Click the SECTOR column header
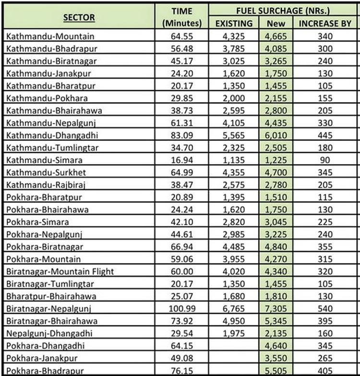coord(79,18)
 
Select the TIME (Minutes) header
coord(182,17)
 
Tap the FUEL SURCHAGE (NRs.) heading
coord(283,10)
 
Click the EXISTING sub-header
coord(233,23)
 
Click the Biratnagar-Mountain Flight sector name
coord(60,271)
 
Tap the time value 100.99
coord(182,308)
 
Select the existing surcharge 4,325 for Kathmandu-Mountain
coord(233,36)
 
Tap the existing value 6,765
coord(233,308)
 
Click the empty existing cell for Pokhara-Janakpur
coord(233,358)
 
